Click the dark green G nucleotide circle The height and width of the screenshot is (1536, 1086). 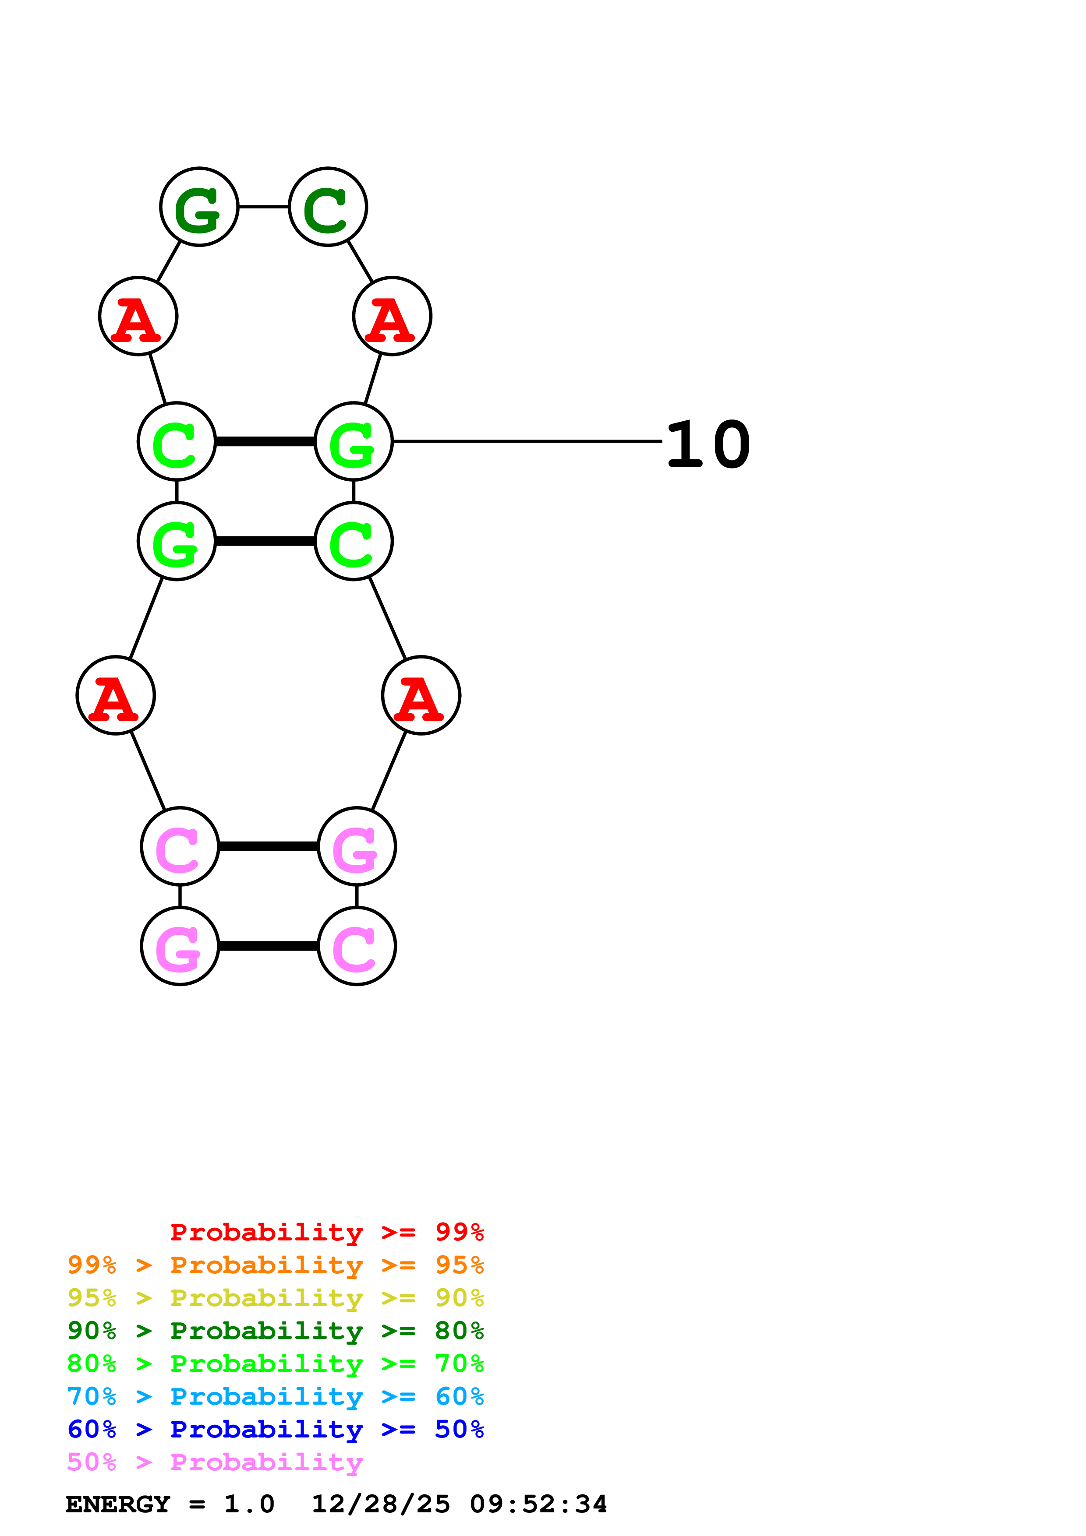(199, 207)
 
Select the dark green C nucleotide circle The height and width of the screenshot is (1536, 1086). (328, 207)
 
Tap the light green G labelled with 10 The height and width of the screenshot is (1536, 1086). (353, 441)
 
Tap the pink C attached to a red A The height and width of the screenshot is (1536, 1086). (180, 846)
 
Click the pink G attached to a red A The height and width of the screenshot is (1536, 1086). (357, 846)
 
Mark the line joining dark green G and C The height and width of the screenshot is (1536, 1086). (264, 207)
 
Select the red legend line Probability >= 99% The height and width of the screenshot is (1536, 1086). (326, 1232)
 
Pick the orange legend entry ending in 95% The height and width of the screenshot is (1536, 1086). (275, 1265)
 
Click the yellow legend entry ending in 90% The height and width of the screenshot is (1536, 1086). (275, 1298)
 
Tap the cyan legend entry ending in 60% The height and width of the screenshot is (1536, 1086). (275, 1396)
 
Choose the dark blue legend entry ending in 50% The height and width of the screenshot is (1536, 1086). (275, 1429)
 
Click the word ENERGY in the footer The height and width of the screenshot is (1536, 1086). (118, 1504)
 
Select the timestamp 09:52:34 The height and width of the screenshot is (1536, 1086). (539, 1504)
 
